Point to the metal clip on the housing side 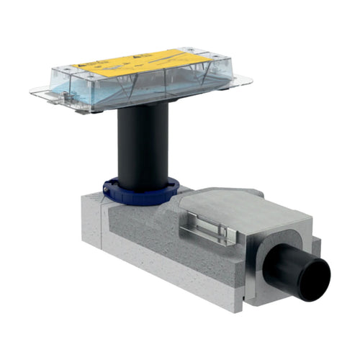(209, 229)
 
